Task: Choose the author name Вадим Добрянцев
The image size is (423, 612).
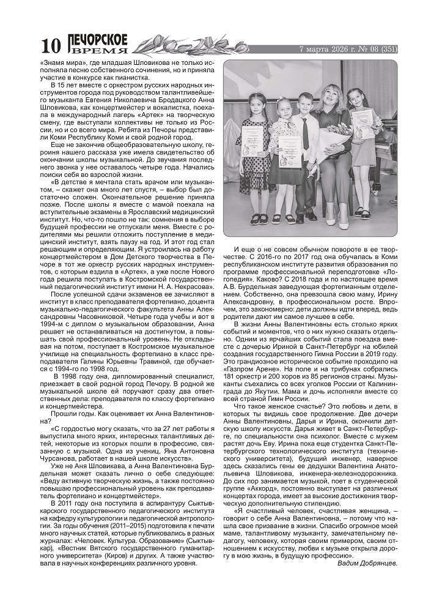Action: [367, 562]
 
